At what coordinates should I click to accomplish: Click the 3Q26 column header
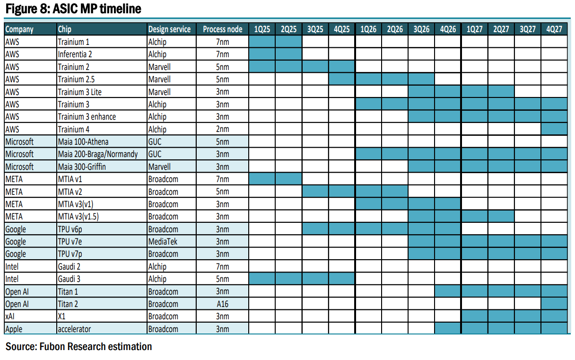pyautogui.click(x=421, y=29)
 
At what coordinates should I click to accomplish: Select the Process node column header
pyautogui.click(x=223, y=29)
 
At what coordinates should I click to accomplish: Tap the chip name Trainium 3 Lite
pyautogui.click(x=79, y=92)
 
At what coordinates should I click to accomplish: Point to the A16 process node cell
pyautogui.click(x=223, y=304)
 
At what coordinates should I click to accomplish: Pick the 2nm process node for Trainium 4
pyautogui.click(x=223, y=129)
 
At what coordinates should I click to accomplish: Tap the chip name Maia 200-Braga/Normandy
pyautogui.click(x=98, y=154)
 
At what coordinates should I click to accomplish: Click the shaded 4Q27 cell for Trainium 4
pyautogui.click(x=554, y=129)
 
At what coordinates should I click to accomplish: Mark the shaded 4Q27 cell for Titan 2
pyautogui.click(x=554, y=304)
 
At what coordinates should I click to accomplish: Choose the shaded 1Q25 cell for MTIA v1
pyautogui.click(x=262, y=179)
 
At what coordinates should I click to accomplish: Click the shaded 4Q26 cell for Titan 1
pyautogui.click(x=448, y=291)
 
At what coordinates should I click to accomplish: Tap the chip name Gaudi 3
pyautogui.click(x=69, y=279)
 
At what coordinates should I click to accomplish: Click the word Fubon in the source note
pyautogui.click(x=52, y=347)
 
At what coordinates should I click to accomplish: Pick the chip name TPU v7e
pyautogui.click(x=70, y=241)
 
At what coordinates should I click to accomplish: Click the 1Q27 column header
pyautogui.click(x=474, y=29)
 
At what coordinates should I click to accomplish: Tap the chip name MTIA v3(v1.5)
pyautogui.click(x=78, y=217)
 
